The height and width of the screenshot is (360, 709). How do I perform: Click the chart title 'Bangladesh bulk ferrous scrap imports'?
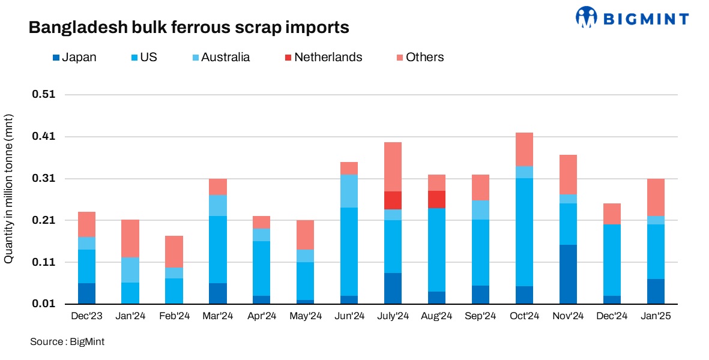coord(189,28)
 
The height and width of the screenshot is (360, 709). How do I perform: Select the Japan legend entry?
coord(74,58)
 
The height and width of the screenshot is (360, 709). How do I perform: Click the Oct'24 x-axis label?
coord(524,316)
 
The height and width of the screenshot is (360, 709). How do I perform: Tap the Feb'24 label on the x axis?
coord(174,316)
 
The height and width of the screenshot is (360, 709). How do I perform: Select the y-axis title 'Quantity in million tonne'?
coord(9,197)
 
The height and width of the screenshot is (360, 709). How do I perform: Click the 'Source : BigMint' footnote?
coord(67,342)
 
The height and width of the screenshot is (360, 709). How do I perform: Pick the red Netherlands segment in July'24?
coord(393,200)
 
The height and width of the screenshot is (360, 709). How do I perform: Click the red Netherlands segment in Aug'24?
coord(436,199)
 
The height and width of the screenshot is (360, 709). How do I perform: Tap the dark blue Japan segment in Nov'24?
coord(568,274)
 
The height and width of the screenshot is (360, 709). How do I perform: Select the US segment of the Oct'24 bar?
coord(524,232)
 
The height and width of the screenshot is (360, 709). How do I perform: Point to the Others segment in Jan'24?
coord(130,238)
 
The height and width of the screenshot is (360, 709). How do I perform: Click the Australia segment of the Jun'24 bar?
coord(349,191)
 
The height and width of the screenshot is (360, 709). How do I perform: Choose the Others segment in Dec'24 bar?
coord(612,214)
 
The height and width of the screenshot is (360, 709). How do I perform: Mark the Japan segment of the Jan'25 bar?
coord(656,292)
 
